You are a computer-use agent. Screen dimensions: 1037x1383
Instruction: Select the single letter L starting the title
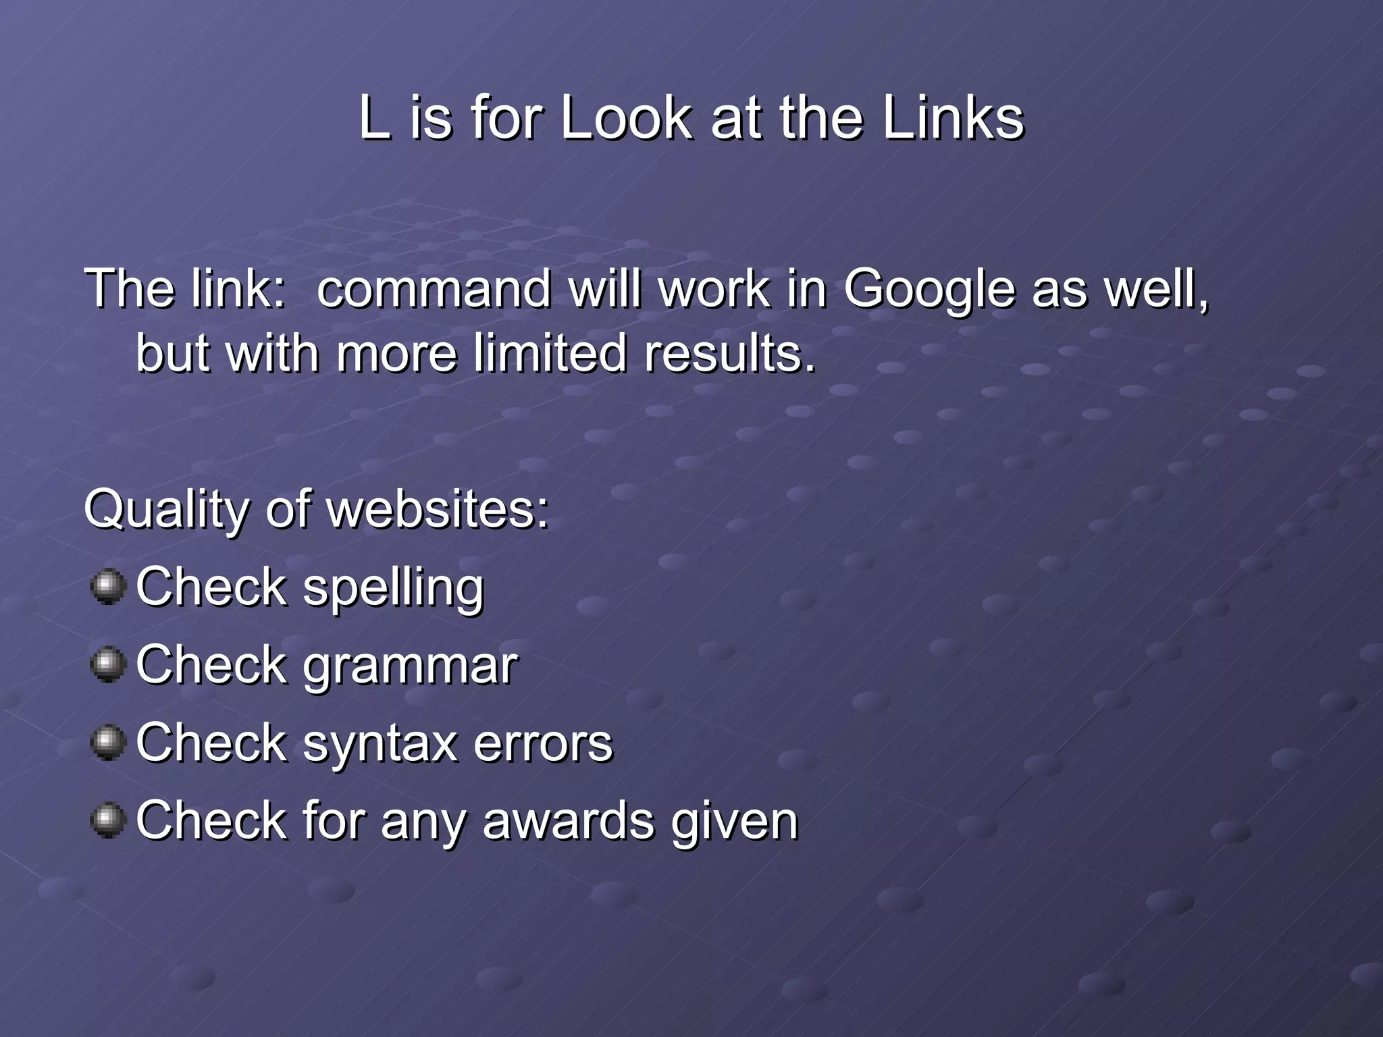point(374,118)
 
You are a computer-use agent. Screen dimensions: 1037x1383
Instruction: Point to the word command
point(434,289)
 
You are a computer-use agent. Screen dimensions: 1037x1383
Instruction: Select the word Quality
point(166,510)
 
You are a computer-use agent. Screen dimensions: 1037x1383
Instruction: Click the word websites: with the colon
point(438,509)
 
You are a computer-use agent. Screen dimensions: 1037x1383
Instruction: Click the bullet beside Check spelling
point(108,586)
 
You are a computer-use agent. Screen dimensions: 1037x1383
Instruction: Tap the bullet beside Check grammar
point(108,664)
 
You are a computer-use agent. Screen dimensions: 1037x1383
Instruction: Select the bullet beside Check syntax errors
point(108,742)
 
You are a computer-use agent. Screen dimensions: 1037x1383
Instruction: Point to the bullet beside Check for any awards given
point(108,820)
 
